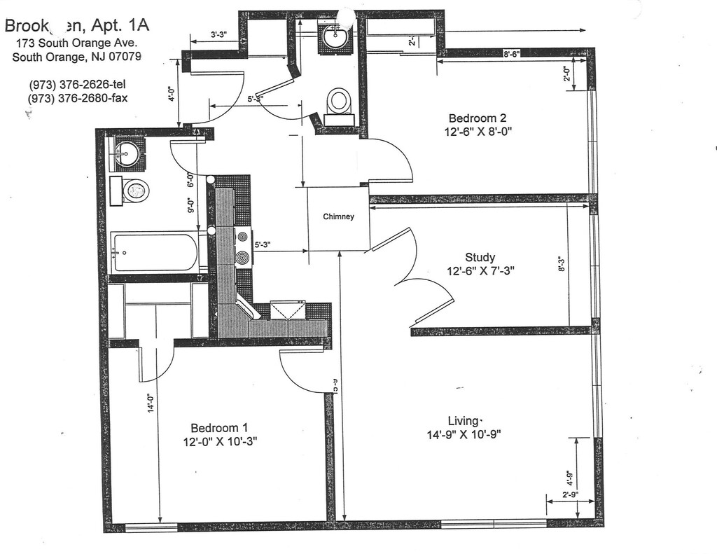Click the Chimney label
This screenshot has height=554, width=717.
338,216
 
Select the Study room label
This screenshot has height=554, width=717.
480,256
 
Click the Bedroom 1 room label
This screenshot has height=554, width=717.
219,427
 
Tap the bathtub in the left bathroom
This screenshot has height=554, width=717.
155,252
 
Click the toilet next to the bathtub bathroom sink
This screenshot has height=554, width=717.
135,190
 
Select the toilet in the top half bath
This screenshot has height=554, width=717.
340,102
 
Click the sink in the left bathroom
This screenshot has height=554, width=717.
127,153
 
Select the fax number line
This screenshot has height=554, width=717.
78,98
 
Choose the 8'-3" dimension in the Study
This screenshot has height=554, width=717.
561,264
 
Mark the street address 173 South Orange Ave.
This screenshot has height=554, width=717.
81,43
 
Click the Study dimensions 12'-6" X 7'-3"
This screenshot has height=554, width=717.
482,270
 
